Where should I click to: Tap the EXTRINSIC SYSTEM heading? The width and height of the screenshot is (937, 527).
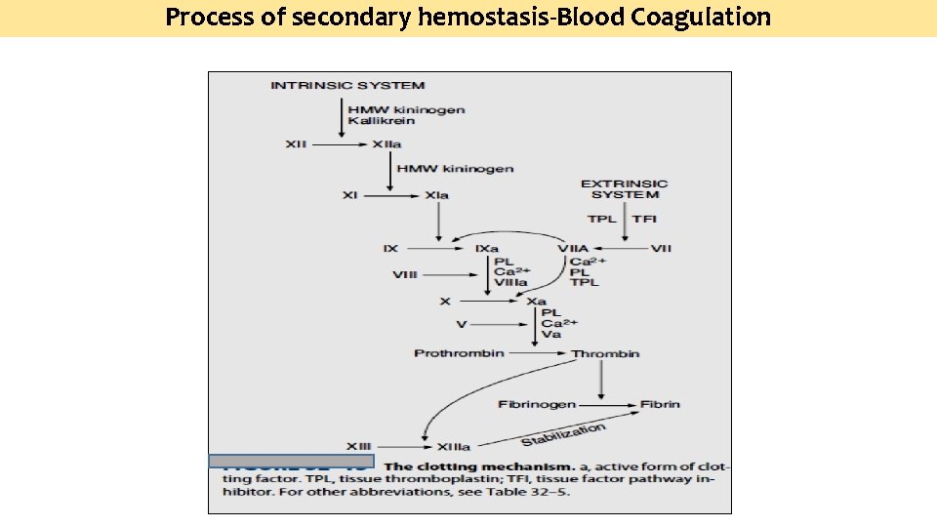click(625, 188)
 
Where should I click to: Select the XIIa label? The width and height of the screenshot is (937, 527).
click(387, 144)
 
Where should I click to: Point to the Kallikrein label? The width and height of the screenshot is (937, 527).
click(382, 121)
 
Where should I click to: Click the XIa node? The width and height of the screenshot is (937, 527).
click(437, 195)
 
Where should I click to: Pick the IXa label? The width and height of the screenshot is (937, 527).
click(487, 249)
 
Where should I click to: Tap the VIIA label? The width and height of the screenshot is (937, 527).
click(574, 249)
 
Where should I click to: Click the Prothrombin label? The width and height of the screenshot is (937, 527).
click(459, 352)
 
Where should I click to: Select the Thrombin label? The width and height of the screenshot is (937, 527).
click(605, 353)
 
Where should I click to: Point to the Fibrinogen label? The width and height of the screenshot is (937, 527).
click(537, 403)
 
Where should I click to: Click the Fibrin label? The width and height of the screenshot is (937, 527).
click(661, 403)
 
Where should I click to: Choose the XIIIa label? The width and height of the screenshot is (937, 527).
click(453, 446)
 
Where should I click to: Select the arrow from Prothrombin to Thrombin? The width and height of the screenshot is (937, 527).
click(537, 353)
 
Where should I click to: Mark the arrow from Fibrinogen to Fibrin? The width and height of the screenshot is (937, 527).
click(607, 403)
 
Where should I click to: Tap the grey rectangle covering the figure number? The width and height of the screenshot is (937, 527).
click(291, 461)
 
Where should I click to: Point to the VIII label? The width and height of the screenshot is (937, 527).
click(405, 275)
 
